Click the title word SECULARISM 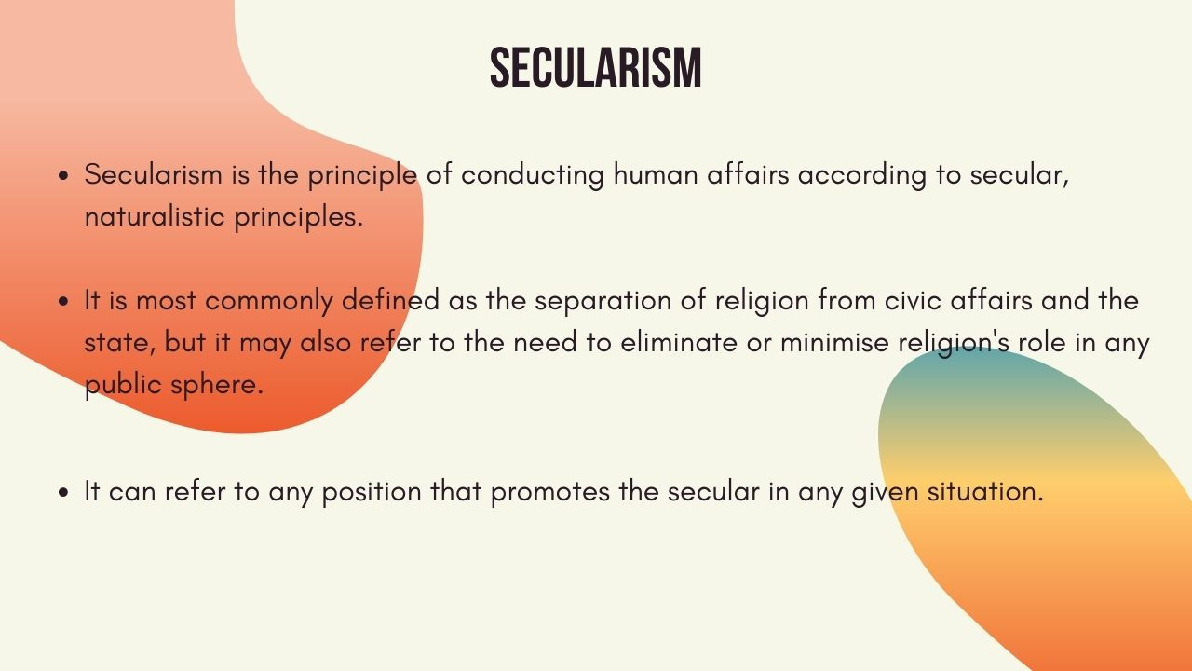595,68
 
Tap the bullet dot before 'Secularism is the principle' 64,176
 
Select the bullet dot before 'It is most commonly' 64,301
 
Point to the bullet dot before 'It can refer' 64,493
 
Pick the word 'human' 655,174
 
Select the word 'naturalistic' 155,216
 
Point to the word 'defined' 390,300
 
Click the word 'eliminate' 679,342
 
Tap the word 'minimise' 834,342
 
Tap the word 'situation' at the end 984,491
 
